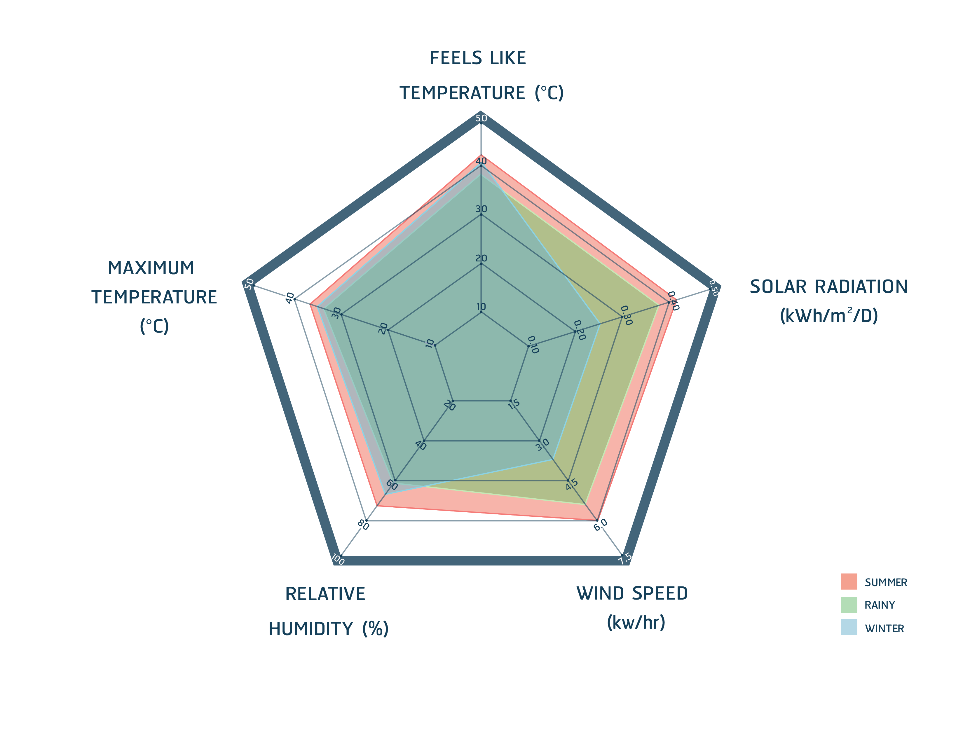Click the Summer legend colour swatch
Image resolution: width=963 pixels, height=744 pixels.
click(849, 581)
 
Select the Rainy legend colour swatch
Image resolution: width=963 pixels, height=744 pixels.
click(849, 604)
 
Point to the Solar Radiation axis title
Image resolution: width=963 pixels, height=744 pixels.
click(828, 301)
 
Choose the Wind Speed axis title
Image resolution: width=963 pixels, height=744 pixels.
click(632, 608)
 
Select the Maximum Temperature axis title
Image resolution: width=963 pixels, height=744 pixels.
click(153, 297)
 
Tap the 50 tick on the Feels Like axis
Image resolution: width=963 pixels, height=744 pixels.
click(481, 118)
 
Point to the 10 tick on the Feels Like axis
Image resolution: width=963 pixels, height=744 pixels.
click(481, 307)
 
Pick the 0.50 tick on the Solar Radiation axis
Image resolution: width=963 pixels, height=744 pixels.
click(714, 288)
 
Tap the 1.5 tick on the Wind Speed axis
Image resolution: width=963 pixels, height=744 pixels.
click(514, 404)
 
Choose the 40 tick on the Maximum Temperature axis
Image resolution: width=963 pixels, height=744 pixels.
click(290, 298)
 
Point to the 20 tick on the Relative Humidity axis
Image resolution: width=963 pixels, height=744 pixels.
click(449, 405)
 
